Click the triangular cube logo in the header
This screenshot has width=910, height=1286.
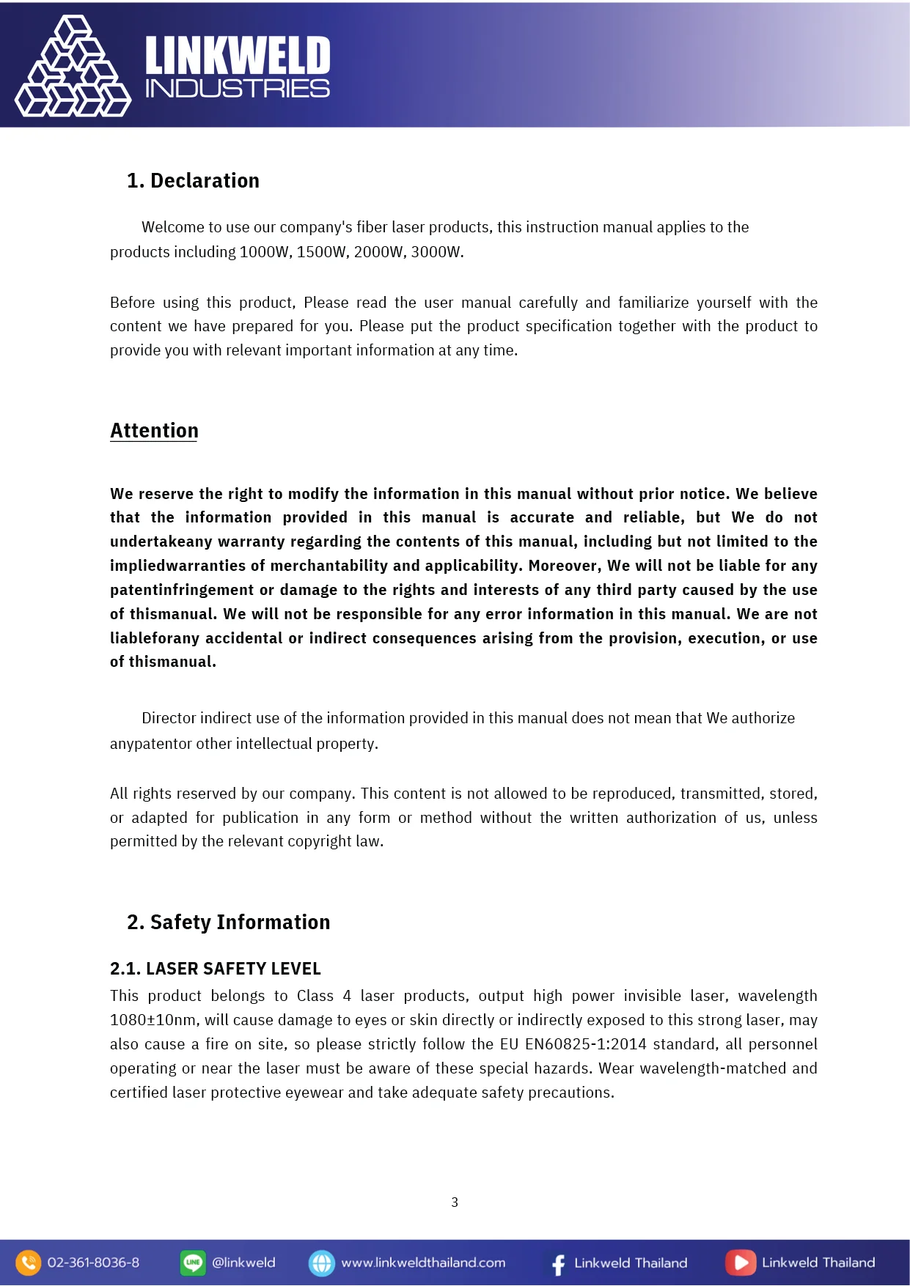click(73, 67)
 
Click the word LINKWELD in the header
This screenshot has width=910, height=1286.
click(238, 56)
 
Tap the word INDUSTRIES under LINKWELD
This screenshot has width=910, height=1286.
click(238, 89)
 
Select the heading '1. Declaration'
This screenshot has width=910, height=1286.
click(193, 181)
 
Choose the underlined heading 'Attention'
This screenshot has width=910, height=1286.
click(154, 431)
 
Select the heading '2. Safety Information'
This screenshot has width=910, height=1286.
click(228, 922)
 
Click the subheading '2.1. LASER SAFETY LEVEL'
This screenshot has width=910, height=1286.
click(216, 969)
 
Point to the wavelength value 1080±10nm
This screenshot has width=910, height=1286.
click(153, 1020)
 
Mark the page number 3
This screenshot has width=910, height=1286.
click(455, 1202)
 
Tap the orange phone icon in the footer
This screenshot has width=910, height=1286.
click(28, 1263)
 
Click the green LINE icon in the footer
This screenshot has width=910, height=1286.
click(193, 1263)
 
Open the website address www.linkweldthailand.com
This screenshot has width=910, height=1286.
click(423, 1263)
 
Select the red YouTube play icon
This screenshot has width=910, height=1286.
click(741, 1263)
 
